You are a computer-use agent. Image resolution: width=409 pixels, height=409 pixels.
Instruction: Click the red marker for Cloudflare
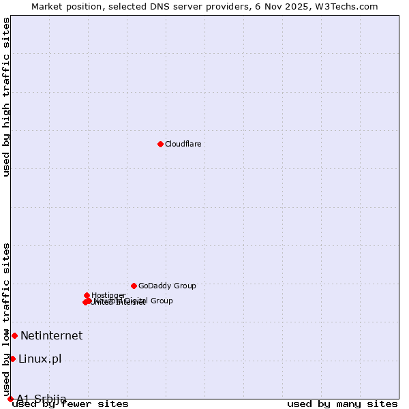(160, 144)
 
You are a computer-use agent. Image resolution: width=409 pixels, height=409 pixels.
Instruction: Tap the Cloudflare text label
(183, 144)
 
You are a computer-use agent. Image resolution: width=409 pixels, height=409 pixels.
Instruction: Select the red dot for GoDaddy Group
(134, 286)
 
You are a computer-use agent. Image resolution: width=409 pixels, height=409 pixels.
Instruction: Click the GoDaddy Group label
(167, 286)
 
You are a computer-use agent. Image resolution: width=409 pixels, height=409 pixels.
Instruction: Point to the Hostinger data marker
(87, 295)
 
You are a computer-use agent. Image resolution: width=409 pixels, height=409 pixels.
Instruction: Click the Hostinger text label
(108, 295)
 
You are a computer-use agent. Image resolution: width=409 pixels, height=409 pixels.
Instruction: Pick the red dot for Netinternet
(14, 335)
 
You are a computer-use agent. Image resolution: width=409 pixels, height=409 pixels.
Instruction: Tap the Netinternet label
(51, 335)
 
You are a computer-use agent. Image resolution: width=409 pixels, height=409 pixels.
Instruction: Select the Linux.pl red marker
(12, 359)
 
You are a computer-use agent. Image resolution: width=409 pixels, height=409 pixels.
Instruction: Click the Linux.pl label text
(40, 359)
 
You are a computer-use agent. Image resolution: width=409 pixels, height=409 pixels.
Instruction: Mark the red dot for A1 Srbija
(10, 399)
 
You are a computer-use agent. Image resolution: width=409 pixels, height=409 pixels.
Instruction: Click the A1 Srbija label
(42, 399)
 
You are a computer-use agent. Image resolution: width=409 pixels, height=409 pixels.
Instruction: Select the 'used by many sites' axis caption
(342, 404)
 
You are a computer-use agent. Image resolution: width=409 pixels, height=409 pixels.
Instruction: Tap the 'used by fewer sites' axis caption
(71, 404)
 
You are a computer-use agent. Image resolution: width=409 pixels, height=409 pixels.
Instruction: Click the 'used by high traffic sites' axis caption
(6, 97)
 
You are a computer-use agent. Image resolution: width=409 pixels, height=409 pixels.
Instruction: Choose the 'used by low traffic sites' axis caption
(6, 319)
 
